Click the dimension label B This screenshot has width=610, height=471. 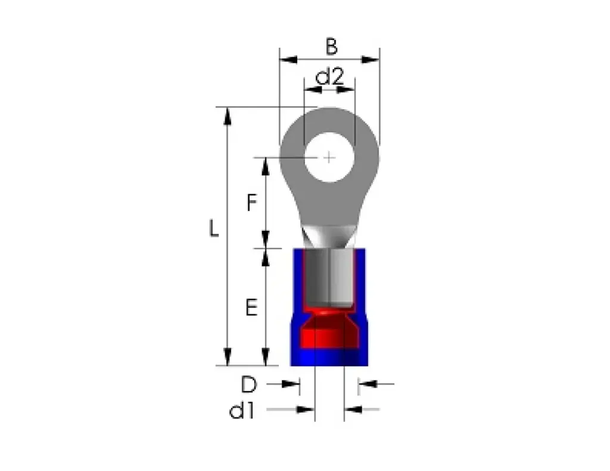pyautogui.click(x=331, y=46)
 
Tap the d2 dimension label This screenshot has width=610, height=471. pyautogui.click(x=329, y=76)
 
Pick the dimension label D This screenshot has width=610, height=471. pyautogui.click(x=249, y=385)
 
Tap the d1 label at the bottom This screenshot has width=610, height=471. pyautogui.click(x=242, y=411)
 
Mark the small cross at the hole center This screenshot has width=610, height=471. pyautogui.click(x=329, y=157)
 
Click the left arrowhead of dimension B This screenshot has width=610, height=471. pyautogui.click(x=288, y=60)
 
